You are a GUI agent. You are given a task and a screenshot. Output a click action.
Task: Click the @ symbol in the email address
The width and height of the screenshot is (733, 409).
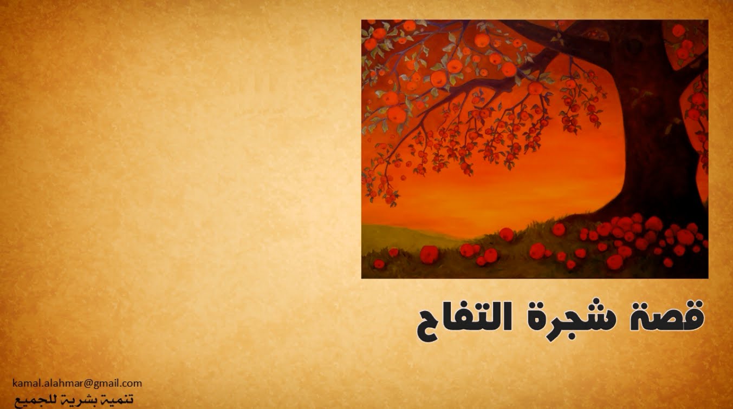[88, 384]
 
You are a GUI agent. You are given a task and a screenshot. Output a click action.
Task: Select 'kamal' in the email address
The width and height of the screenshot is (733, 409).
[23, 383]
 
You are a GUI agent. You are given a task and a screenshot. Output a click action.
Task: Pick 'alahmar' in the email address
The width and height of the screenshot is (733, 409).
[60, 383]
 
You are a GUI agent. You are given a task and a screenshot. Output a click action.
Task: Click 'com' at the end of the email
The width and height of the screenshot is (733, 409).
[133, 384]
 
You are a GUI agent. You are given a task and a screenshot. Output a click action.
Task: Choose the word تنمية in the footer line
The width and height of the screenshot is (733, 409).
[120, 399]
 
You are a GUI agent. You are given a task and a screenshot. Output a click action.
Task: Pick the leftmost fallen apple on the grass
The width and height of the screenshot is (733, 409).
[379, 263]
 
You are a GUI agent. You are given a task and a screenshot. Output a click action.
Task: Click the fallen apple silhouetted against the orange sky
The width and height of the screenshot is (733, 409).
[506, 234]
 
